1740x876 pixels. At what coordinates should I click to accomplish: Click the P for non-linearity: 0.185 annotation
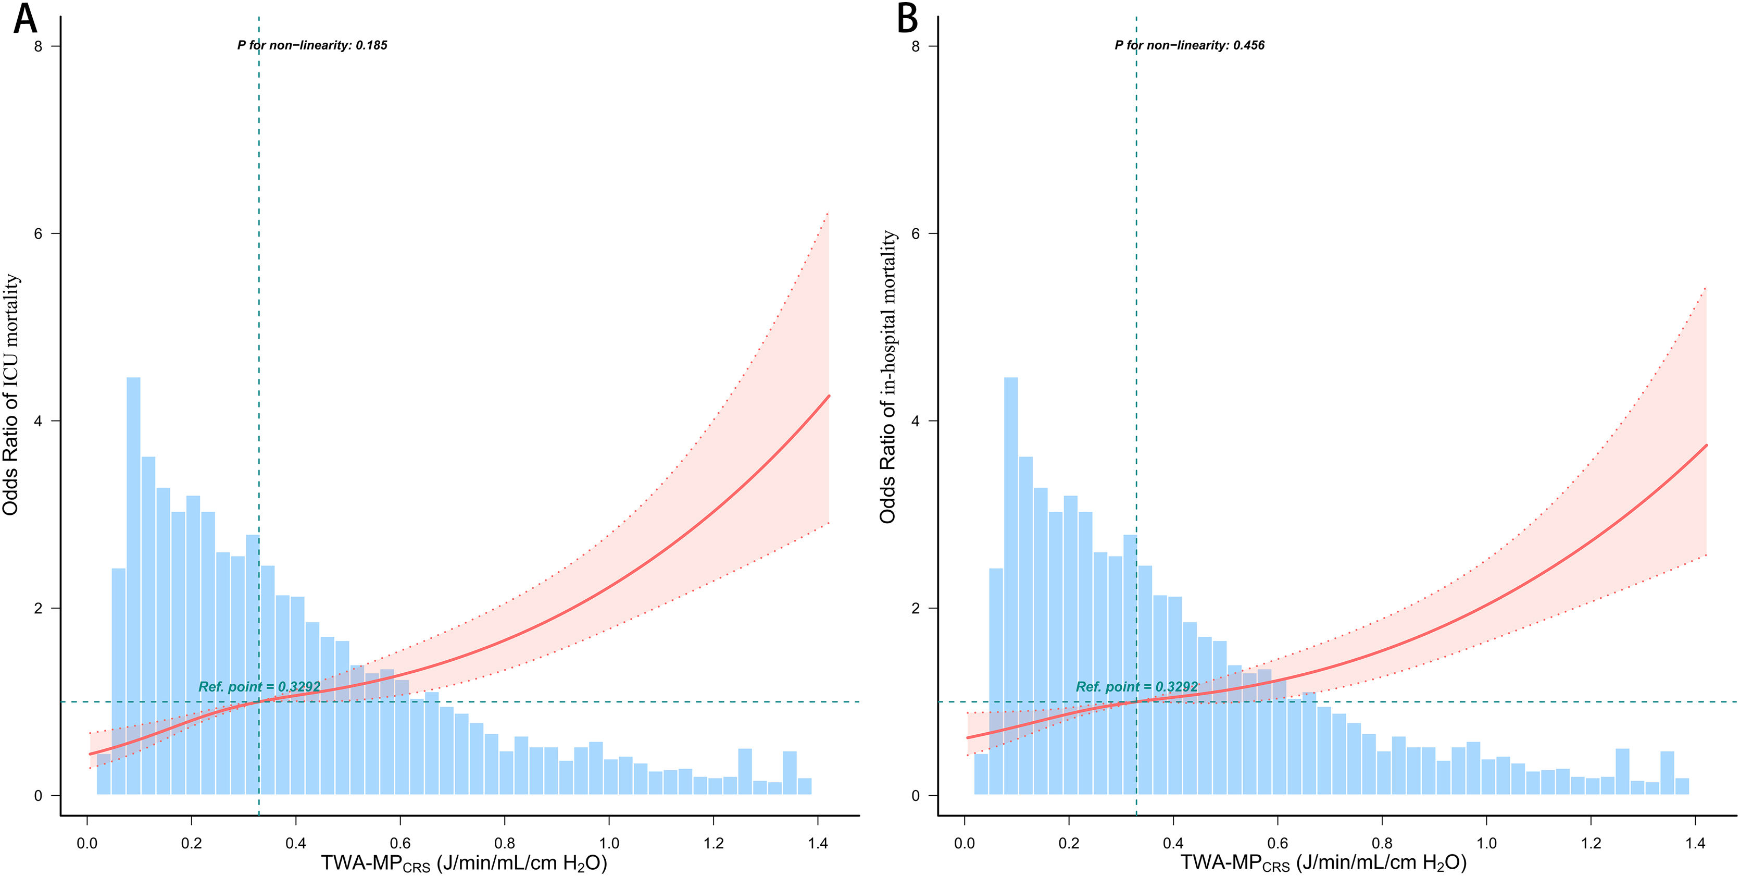pyautogui.click(x=312, y=45)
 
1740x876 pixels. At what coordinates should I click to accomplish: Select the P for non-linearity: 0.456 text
pyautogui.click(x=1190, y=45)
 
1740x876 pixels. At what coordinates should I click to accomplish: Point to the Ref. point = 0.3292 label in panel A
pyautogui.click(x=259, y=687)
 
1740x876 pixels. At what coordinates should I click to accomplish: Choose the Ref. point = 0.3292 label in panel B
pyautogui.click(x=1137, y=687)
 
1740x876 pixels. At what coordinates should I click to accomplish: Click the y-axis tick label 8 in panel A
pyautogui.click(x=38, y=46)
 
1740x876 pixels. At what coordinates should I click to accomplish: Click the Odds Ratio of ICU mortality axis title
pyautogui.click(x=11, y=394)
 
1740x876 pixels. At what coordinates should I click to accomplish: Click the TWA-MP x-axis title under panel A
pyautogui.click(x=464, y=863)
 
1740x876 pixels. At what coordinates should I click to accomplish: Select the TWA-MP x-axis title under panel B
pyautogui.click(x=1324, y=863)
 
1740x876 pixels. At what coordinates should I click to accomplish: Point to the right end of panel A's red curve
pyautogui.click(x=828, y=396)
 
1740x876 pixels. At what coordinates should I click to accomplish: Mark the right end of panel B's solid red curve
pyautogui.click(x=1706, y=446)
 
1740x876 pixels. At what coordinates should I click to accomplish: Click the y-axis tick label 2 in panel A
pyautogui.click(x=38, y=608)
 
